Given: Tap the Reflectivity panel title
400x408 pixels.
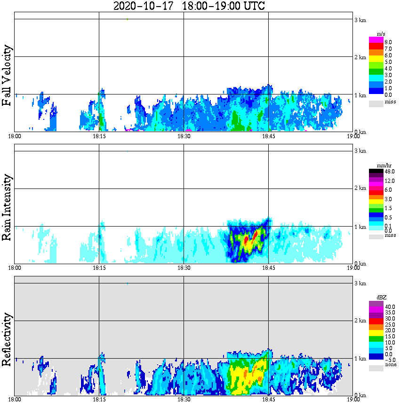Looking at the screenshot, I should tap(8, 340).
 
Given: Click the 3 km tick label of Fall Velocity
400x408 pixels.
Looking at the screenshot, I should tap(360, 20).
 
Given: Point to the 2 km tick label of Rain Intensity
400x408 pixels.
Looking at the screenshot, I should tap(360, 189).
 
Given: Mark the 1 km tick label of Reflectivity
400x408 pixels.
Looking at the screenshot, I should tap(360, 359).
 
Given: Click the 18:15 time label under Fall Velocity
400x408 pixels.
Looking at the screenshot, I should tap(99, 136).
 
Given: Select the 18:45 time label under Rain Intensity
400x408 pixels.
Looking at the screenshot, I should tap(268, 268).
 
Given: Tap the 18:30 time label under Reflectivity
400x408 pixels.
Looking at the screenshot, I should tap(184, 400).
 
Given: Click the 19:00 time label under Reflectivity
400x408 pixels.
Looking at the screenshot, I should tap(353, 400).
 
